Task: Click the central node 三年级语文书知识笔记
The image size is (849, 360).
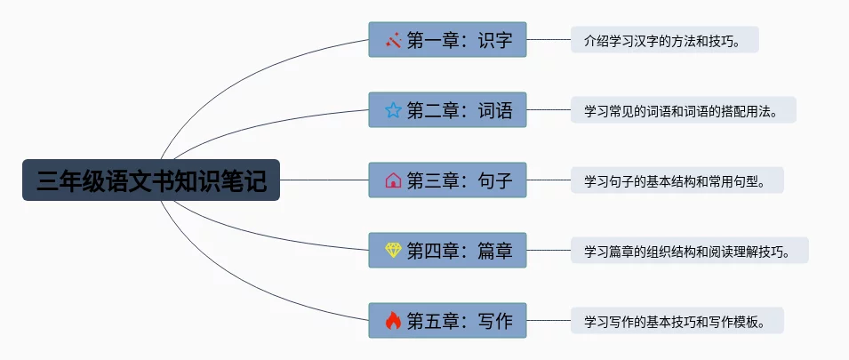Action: coord(151,180)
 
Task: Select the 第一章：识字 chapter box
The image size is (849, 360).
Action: coord(448,40)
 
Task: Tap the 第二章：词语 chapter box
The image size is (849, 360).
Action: coord(448,110)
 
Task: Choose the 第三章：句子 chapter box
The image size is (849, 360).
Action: coord(448,180)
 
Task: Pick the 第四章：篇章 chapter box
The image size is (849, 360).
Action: coord(448,251)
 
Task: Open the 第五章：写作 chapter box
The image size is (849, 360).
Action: coord(448,321)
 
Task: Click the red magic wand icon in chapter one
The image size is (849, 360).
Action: coord(393,40)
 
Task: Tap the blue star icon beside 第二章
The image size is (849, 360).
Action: coord(393,110)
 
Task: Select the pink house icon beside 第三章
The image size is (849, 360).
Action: coord(393,180)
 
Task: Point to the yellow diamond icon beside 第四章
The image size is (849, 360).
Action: coord(393,251)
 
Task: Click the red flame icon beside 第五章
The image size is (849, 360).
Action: coord(393,321)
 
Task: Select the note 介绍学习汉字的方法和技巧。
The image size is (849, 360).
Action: coord(664,40)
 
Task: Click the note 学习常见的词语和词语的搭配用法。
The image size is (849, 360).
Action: coord(683,110)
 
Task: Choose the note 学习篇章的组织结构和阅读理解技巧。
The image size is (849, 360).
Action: coord(689,251)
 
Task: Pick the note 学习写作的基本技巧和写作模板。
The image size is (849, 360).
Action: coord(677,321)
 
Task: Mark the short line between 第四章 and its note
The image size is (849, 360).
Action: coord(549,251)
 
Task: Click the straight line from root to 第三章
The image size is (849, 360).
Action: coord(324,180)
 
